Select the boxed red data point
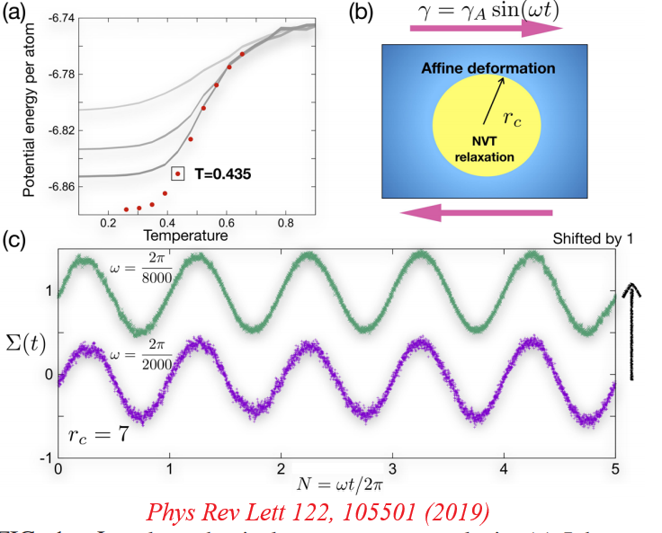tap(178, 173)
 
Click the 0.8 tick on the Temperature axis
tap(285, 222)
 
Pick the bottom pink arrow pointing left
tap(477, 213)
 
